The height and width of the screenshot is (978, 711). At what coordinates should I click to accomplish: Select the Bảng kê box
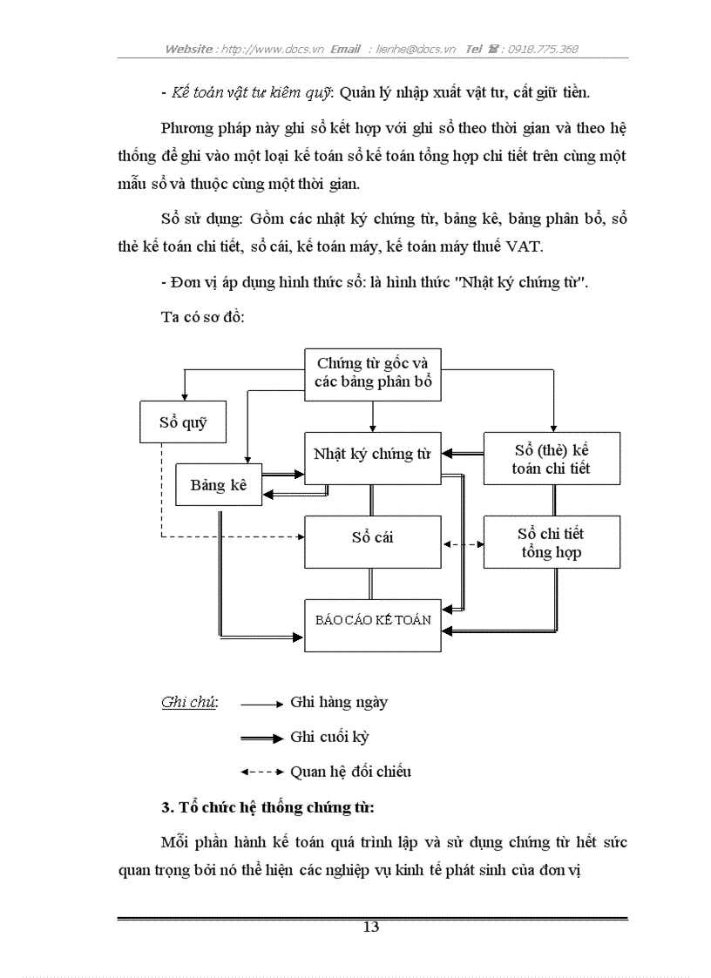(219, 485)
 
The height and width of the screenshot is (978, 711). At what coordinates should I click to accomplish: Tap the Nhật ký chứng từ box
(372, 455)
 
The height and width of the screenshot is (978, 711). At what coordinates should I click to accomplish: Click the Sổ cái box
(372, 538)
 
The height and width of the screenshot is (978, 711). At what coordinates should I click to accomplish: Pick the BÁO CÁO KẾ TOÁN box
(372, 620)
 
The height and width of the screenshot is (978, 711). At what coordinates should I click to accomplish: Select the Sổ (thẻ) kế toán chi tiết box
(552, 459)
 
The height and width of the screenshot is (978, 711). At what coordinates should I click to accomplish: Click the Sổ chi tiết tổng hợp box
(552, 543)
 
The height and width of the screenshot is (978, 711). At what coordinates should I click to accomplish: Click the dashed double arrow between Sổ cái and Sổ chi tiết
(463, 544)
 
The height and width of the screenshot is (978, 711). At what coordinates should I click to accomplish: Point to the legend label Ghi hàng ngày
(339, 702)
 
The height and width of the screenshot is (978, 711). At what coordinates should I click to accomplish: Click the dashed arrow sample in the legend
(261, 772)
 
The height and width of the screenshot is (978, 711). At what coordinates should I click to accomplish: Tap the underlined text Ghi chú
(189, 703)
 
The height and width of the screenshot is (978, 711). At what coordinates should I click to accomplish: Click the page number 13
(371, 927)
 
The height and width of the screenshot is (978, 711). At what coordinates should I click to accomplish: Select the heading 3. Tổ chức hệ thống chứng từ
(268, 807)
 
